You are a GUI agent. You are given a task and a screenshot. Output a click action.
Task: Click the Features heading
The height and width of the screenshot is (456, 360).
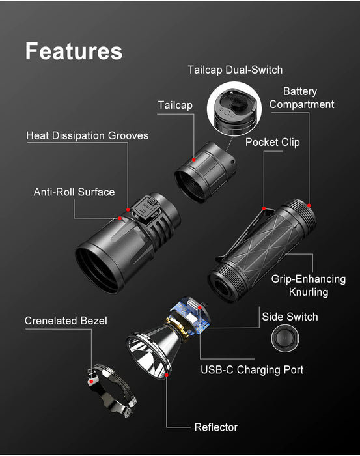[74, 51]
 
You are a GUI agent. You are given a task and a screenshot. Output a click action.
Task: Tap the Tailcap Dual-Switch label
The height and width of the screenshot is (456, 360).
[235, 70]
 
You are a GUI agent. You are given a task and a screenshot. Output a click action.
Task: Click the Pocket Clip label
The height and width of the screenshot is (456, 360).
[272, 142]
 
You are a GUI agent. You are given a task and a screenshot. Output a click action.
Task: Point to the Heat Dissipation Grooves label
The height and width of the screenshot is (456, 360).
[87, 135]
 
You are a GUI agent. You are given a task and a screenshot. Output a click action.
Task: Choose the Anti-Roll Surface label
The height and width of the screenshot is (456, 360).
[74, 192]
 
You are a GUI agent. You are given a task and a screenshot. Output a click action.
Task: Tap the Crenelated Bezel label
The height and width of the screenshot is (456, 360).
[66, 321]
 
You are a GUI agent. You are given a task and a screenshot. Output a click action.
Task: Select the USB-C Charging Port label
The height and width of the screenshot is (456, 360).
[251, 370]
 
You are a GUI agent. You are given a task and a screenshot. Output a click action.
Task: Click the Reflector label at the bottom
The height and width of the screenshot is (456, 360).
[215, 427]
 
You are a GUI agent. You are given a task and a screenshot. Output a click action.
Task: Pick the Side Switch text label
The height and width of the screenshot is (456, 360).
[290, 317]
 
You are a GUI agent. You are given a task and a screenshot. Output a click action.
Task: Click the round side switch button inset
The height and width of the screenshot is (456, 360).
[284, 339]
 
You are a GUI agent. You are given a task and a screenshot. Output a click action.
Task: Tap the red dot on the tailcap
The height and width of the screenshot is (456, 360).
[194, 160]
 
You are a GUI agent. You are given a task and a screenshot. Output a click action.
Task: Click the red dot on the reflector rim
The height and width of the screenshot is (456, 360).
[167, 375]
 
